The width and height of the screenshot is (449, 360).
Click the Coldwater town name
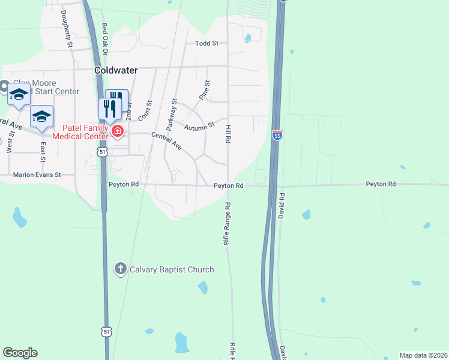(x=116, y=70)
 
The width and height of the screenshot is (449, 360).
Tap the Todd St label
(x=207, y=43)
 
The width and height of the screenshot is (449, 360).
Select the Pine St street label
(x=205, y=90)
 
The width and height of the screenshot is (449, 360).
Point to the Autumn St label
(x=199, y=127)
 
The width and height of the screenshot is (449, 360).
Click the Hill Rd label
(x=228, y=133)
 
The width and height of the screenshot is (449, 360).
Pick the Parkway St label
(x=172, y=115)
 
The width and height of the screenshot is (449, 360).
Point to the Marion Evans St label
(x=37, y=175)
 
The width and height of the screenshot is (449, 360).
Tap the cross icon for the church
(x=121, y=269)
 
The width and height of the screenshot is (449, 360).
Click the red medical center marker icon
(x=117, y=131)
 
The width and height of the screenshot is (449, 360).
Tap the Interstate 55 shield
(x=277, y=135)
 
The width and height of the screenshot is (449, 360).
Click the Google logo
(x=20, y=353)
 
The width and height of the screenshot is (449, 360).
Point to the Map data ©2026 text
(x=423, y=355)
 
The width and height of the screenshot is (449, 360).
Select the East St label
(x=43, y=152)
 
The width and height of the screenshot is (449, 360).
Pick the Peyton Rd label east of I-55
(x=381, y=184)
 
